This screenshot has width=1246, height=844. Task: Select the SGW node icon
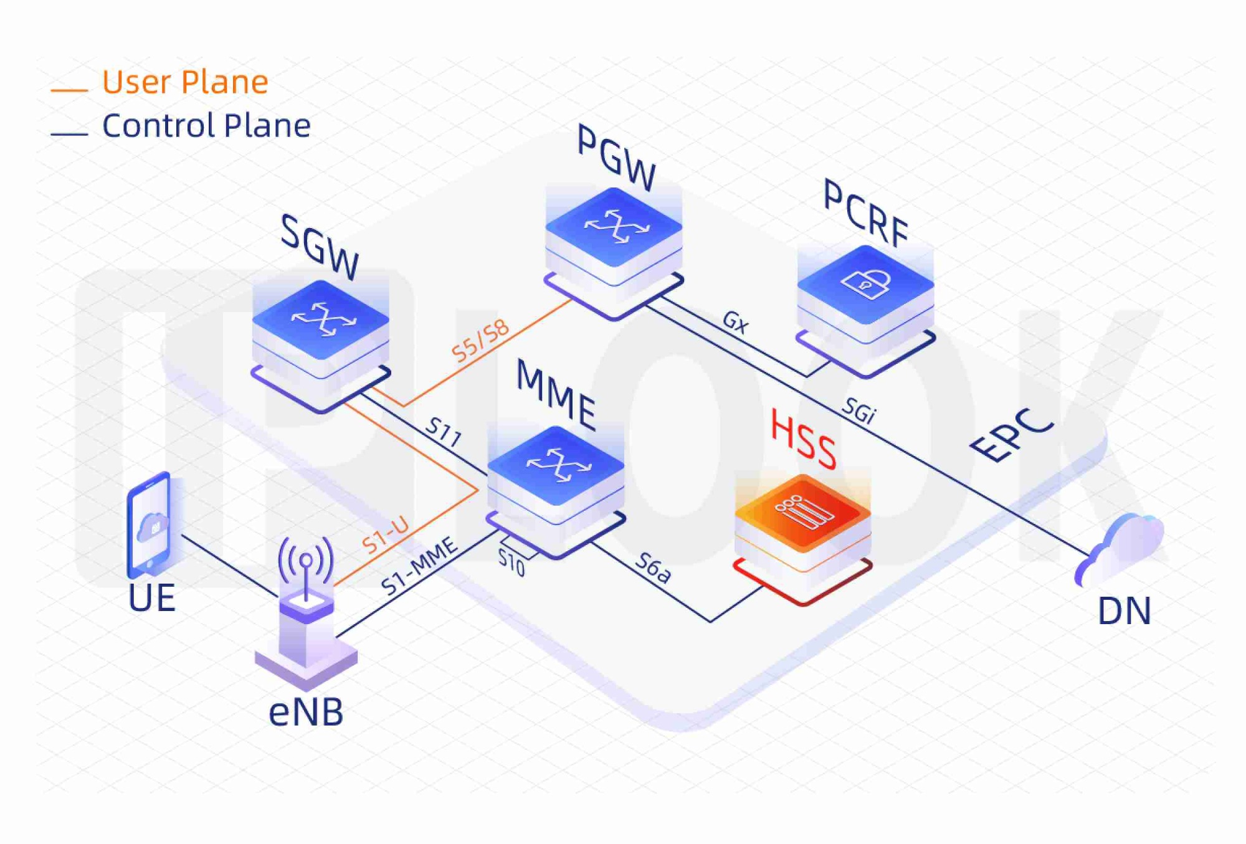tap(321, 336)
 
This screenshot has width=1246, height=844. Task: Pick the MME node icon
tap(556, 483)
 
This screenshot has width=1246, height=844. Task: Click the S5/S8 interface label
tap(480, 341)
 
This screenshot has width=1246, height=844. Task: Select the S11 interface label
tap(444, 432)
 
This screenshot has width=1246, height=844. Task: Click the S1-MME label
tap(419, 567)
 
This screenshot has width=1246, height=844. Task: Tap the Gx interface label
tap(736, 322)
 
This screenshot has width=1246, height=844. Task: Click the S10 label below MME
tap(511, 563)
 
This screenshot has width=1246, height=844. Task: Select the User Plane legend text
tap(185, 82)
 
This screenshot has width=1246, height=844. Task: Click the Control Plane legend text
tap(206, 126)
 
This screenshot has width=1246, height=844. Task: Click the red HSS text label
tap(804, 439)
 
